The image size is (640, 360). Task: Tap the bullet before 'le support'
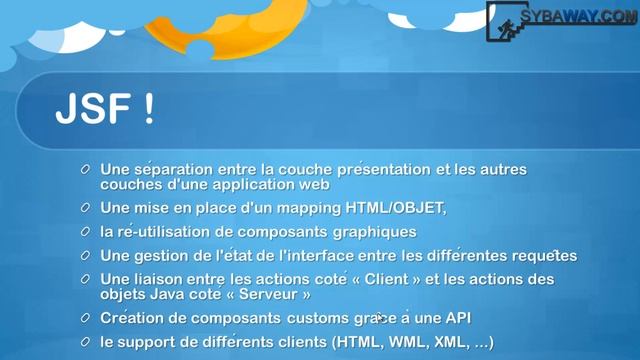pos(87,342)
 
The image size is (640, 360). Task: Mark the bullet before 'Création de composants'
pos(87,318)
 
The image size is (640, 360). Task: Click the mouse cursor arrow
pos(381,318)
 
